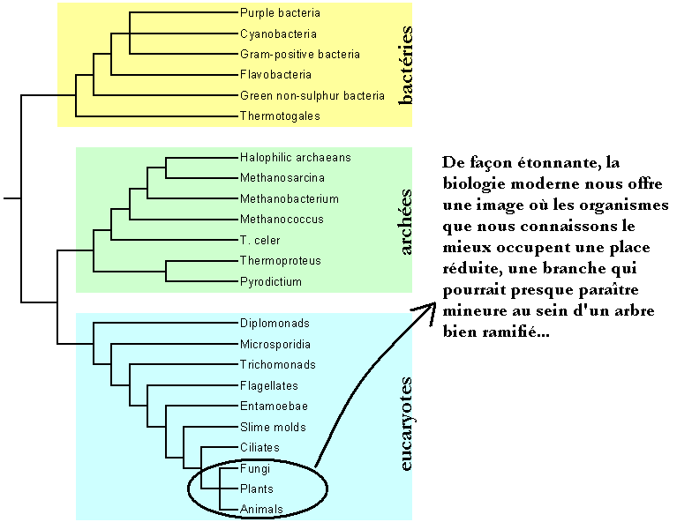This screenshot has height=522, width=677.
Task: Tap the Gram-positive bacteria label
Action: point(300,55)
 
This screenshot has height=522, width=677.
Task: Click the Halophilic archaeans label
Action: point(295,158)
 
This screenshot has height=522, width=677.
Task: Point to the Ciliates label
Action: point(260,448)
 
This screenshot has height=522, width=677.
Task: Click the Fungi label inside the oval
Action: point(254,468)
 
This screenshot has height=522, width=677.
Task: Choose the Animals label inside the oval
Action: point(261,510)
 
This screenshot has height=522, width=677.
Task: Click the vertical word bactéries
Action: point(406,66)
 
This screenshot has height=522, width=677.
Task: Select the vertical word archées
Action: point(406,220)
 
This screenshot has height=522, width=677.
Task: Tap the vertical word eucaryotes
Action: point(406,421)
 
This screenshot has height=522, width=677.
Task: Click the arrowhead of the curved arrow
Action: point(429,309)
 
